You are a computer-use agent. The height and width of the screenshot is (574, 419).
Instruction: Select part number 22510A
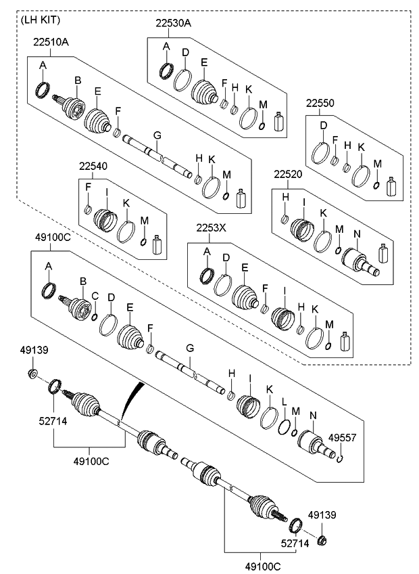pyautogui.click(x=50, y=42)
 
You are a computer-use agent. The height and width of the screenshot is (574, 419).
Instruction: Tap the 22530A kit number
pyautogui.click(x=174, y=23)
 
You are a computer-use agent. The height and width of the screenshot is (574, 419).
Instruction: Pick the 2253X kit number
pyautogui.click(x=211, y=228)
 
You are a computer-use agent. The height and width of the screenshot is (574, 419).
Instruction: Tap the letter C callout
pyautogui.click(x=95, y=296)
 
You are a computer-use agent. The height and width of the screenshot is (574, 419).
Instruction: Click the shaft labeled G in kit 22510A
pyautogui.click(x=157, y=154)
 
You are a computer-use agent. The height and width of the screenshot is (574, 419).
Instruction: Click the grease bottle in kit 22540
pyautogui.click(x=158, y=246)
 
